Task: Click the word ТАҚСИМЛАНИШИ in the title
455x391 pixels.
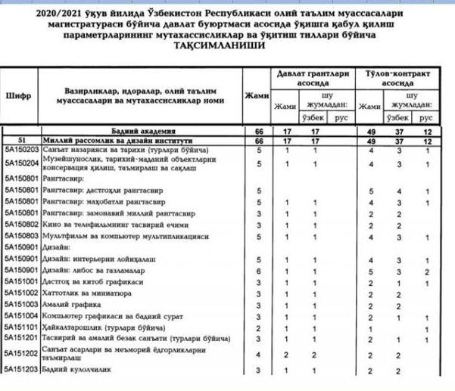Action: pos(226,46)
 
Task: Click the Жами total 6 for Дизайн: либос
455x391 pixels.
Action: pos(258,270)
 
